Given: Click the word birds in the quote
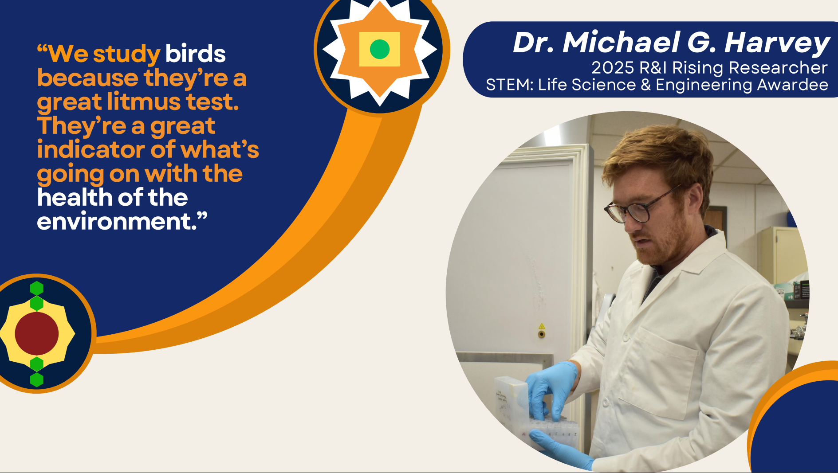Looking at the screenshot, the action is [x=196, y=54].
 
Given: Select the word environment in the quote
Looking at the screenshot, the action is [x=117, y=221].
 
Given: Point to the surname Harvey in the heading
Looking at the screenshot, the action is [x=777, y=43].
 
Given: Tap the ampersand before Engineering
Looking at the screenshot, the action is [x=645, y=85].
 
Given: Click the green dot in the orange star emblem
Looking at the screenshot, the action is [x=380, y=49].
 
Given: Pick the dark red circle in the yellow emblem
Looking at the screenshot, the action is [x=37, y=334].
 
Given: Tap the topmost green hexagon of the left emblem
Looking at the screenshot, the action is [x=37, y=288].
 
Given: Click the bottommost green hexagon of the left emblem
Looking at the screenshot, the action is [x=37, y=379].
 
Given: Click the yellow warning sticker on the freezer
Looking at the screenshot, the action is [x=541, y=326].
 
